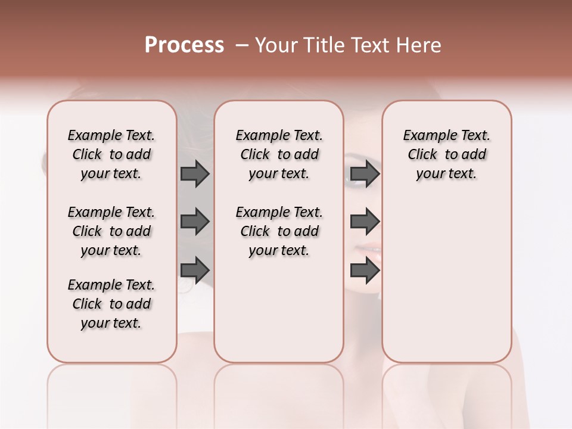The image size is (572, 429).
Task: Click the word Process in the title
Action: (184, 45)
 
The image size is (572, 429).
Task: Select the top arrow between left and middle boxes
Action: (195, 173)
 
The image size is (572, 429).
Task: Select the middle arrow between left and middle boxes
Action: (195, 222)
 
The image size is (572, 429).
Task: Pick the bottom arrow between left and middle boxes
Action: (195, 270)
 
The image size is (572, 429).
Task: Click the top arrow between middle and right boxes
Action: (365, 173)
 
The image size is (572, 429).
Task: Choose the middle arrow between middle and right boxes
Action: (365, 222)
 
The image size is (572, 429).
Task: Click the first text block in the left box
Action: (111, 154)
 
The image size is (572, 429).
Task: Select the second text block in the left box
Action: (111, 231)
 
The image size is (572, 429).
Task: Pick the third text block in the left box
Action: (111, 304)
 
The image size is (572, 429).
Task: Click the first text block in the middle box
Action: (279, 154)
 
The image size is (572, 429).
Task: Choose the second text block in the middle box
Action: (279, 231)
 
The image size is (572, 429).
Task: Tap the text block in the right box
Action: (446, 154)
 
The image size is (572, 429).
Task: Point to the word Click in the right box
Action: (422, 155)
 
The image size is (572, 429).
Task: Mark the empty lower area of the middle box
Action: (279, 310)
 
